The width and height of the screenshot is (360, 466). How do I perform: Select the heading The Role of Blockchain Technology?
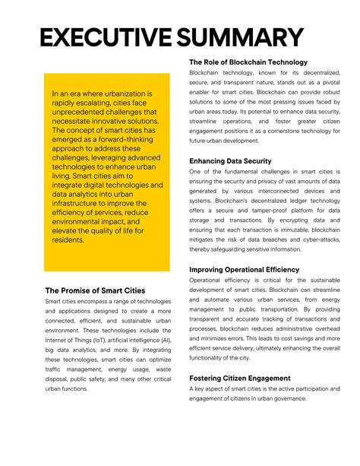pyautogui.click(x=248, y=62)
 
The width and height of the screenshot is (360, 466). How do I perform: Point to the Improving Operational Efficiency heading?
pyautogui.click(x=244, y=270)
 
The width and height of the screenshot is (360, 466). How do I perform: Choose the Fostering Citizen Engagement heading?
pyautogui.click(x=240, y=378)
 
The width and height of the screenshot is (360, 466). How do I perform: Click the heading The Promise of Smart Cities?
pyautogui.click(x=95, y=290)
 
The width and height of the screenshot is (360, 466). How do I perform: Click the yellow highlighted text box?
pyautogui.click(x=106, y=172)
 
